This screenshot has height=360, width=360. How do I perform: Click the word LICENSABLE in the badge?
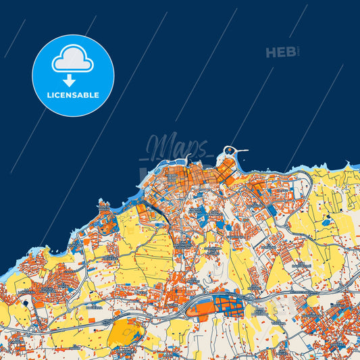73,95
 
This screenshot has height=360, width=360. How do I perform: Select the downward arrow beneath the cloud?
73,78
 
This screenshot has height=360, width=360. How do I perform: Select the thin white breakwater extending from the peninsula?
242,150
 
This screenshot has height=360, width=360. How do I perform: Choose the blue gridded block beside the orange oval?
229,305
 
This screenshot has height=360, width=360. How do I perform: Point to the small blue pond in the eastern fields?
327,221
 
